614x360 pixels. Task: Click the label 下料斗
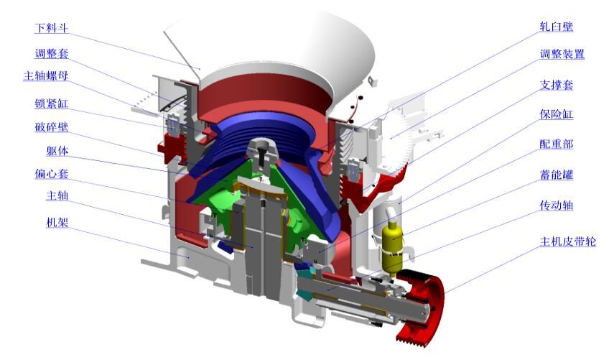click(x=51, y=28)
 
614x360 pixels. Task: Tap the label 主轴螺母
click(x=46, y=75)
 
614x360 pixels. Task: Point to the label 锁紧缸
click(x=51, y=103)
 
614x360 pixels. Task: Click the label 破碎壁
click(x=51, y=127)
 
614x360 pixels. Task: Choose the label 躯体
click(x=57, y=151)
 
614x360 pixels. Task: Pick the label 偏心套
click(x=51, y=173)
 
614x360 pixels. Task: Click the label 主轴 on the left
click(x=57, y=195)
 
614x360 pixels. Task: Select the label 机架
click(x=57, y=223)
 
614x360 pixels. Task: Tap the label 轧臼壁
click(x=556, y=27)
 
